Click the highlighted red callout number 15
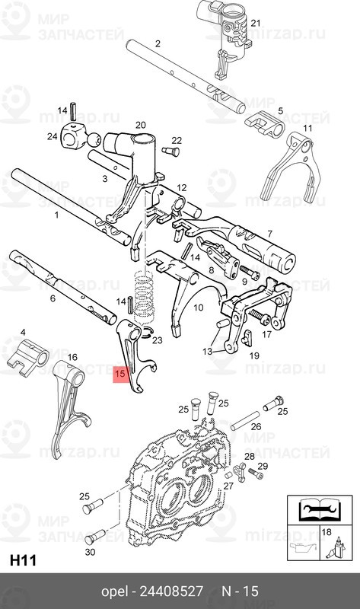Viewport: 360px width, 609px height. [119, 374]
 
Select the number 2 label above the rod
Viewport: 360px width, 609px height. [158, 44]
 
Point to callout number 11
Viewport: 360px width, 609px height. [307, 127]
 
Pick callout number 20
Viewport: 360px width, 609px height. [140, 125]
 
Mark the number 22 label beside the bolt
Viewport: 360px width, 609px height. [177, 140]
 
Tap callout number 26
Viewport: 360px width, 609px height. [256, 427]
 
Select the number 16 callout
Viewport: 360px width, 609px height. [72, 356]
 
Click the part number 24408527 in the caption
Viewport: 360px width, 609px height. [173, 591]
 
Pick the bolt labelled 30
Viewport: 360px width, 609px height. [90, 535]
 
